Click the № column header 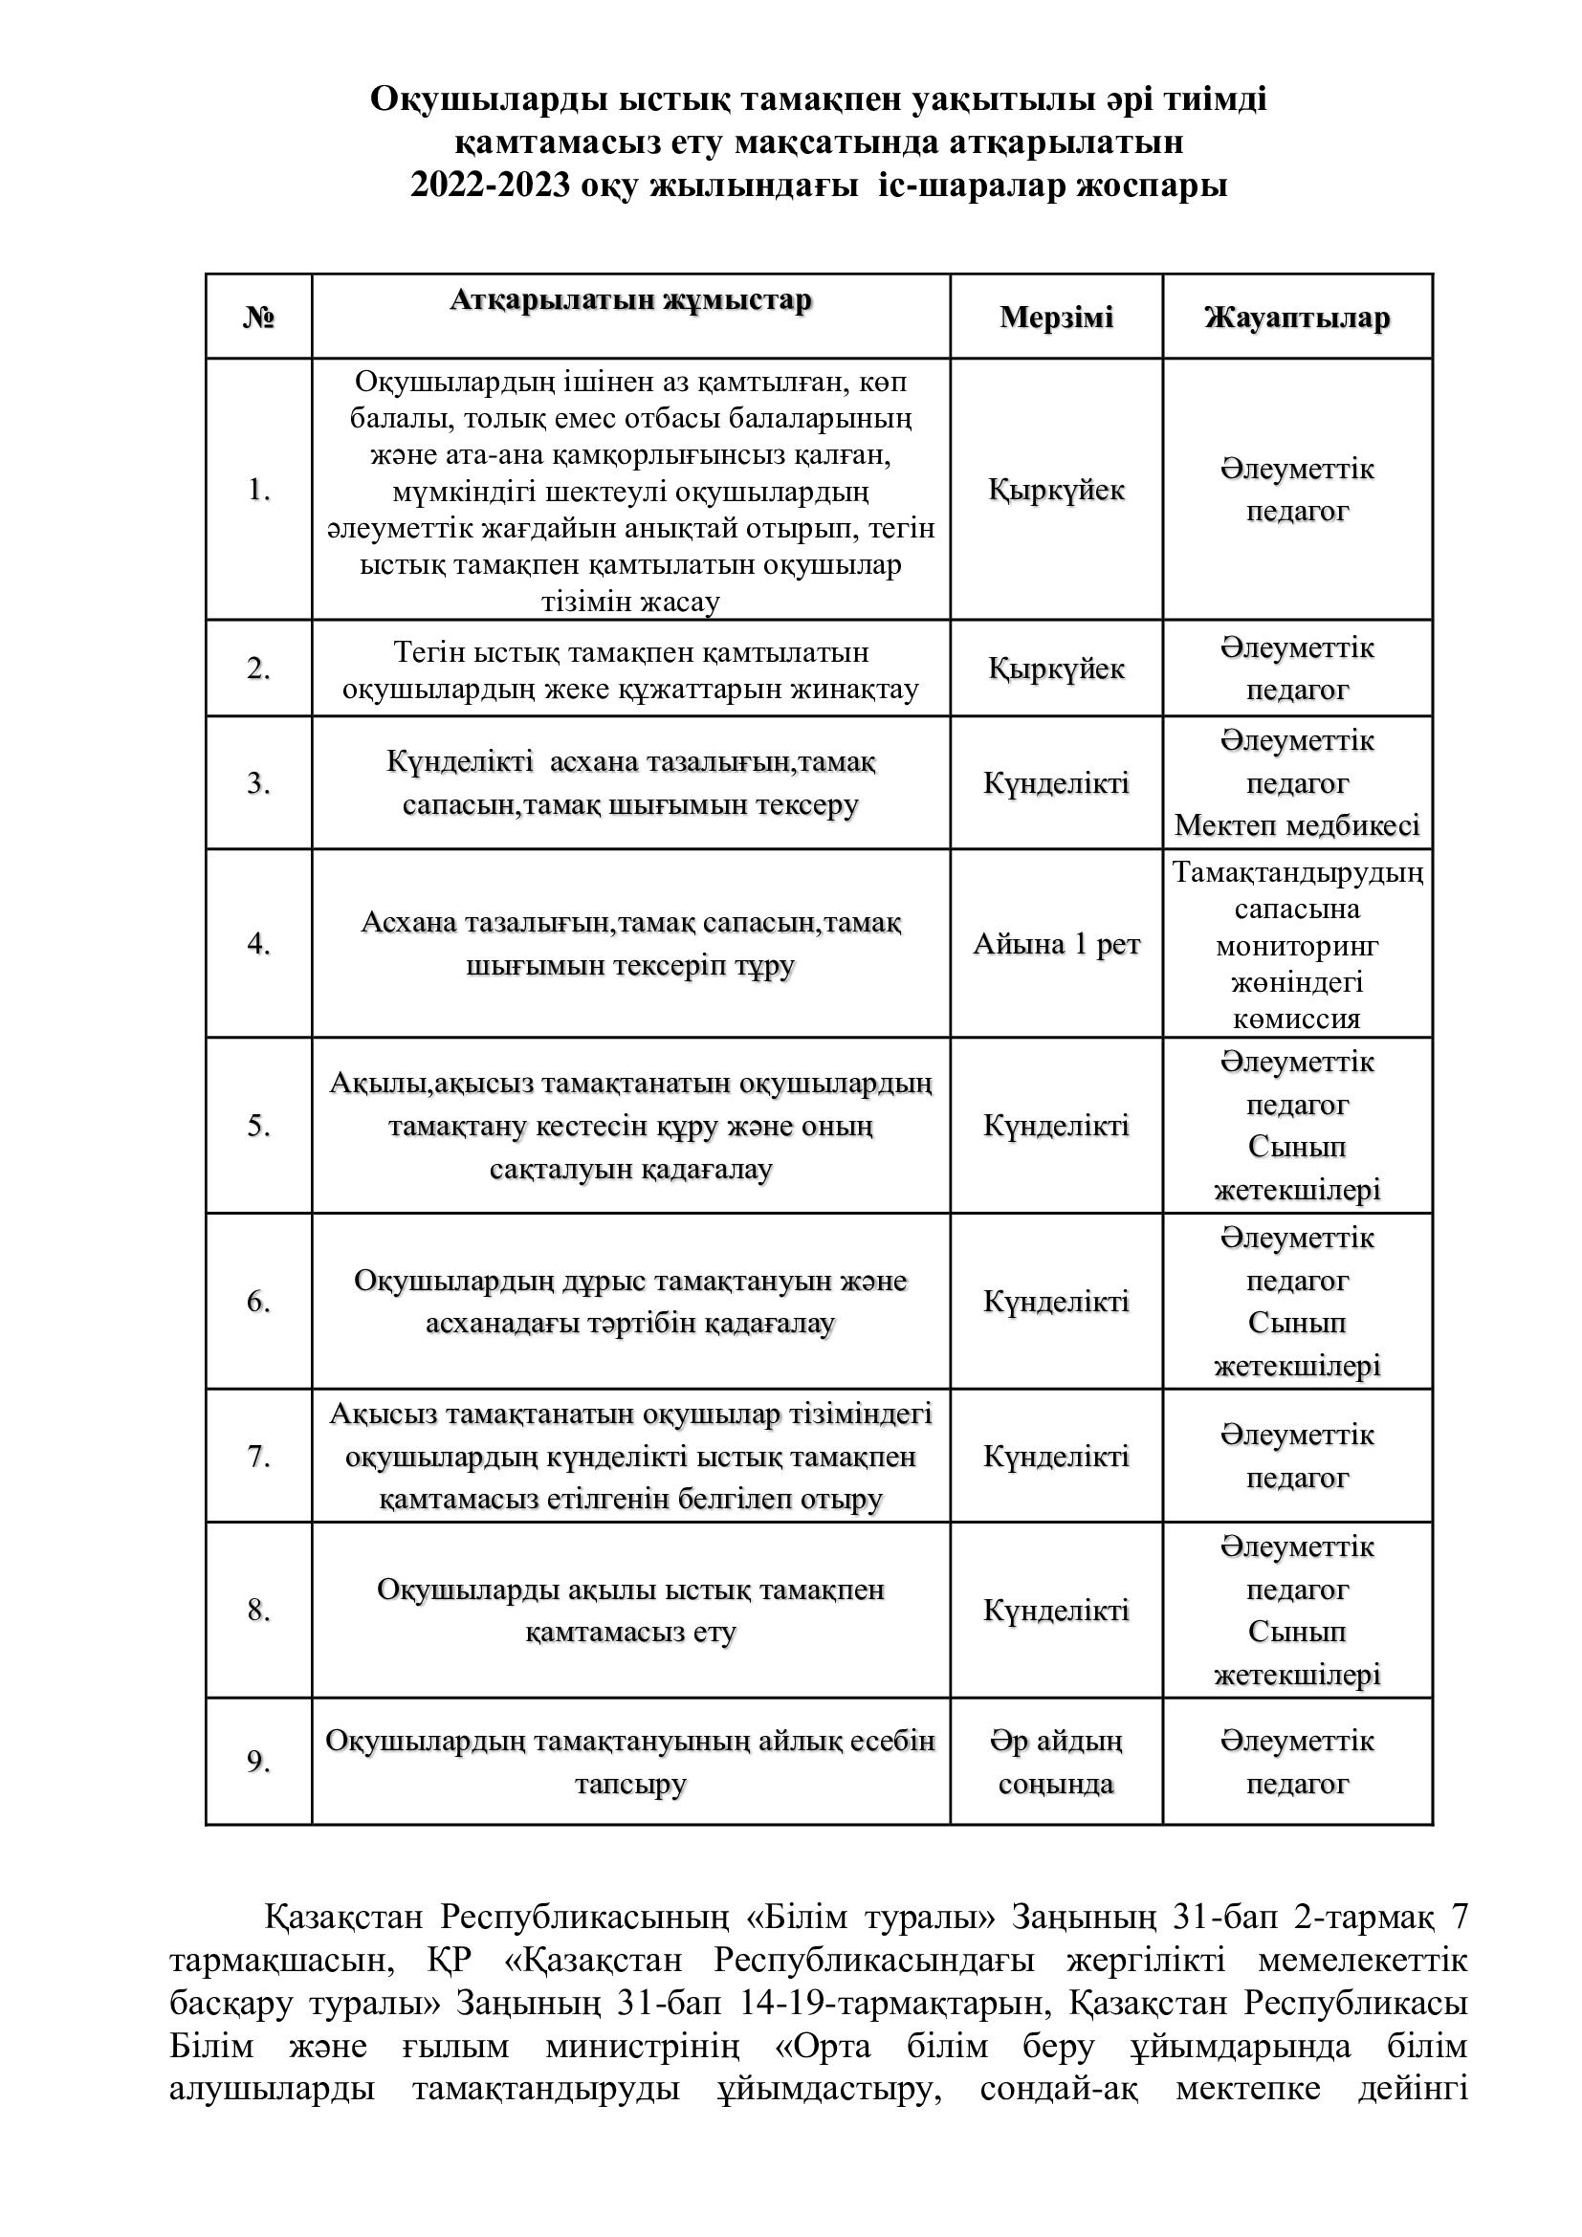coord(258,318)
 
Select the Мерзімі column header coord(1056,318)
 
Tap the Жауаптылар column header coord(1297,318)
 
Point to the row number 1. coord(258,489)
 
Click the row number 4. coord(258,943)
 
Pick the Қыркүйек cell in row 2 coord(1056,669)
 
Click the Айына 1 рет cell coord(1056,943)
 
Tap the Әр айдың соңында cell coord(1056,1762)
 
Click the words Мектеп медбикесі coord(1297,825)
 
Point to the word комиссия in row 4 coord(1297,1020)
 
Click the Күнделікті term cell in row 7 coord(1056,1456)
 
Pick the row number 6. coord(258,1301)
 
